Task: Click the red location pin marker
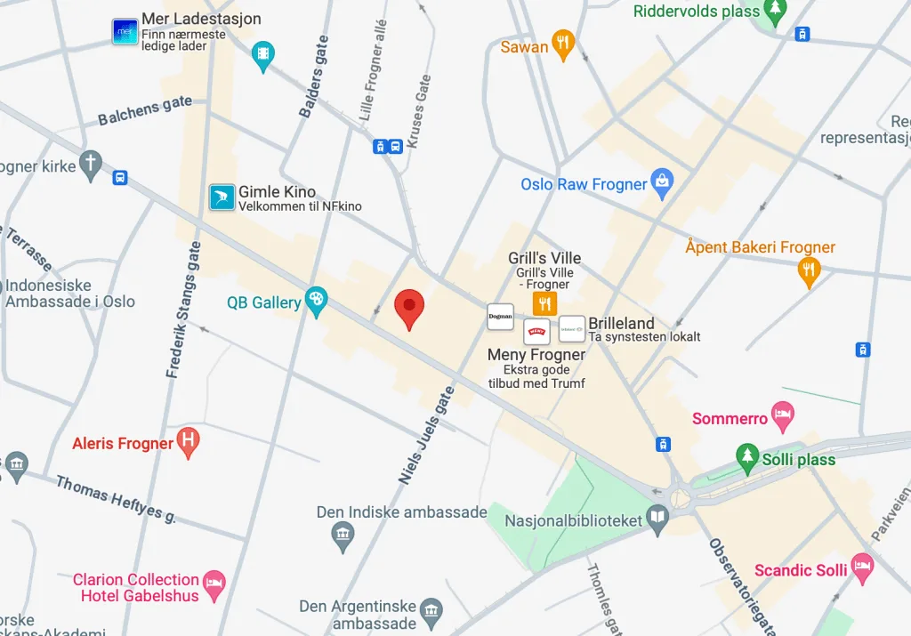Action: pos(409,307)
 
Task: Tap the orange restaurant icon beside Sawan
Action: pos(562,44)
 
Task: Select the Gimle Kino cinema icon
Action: pos(222,197)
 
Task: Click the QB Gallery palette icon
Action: pos(316,301)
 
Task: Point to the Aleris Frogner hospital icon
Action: pos(188,440)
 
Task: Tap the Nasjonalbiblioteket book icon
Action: pos(657,518)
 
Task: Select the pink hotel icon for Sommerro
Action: pos(782,415)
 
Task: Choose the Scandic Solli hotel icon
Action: pos(861,567)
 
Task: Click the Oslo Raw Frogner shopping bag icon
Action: pos(661,182)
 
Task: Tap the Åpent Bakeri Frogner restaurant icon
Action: pos(808,270)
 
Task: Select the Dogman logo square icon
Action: pos(500,317)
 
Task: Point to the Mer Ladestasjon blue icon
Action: pos(125,32)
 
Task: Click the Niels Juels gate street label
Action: pos(426,435)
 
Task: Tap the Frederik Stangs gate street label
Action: pos(184,310)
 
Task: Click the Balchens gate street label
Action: pos(145,111)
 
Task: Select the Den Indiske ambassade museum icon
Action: pos(343,535)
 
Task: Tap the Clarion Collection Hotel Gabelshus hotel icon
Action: pos(214,584)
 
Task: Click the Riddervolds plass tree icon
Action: pos(776,11)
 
